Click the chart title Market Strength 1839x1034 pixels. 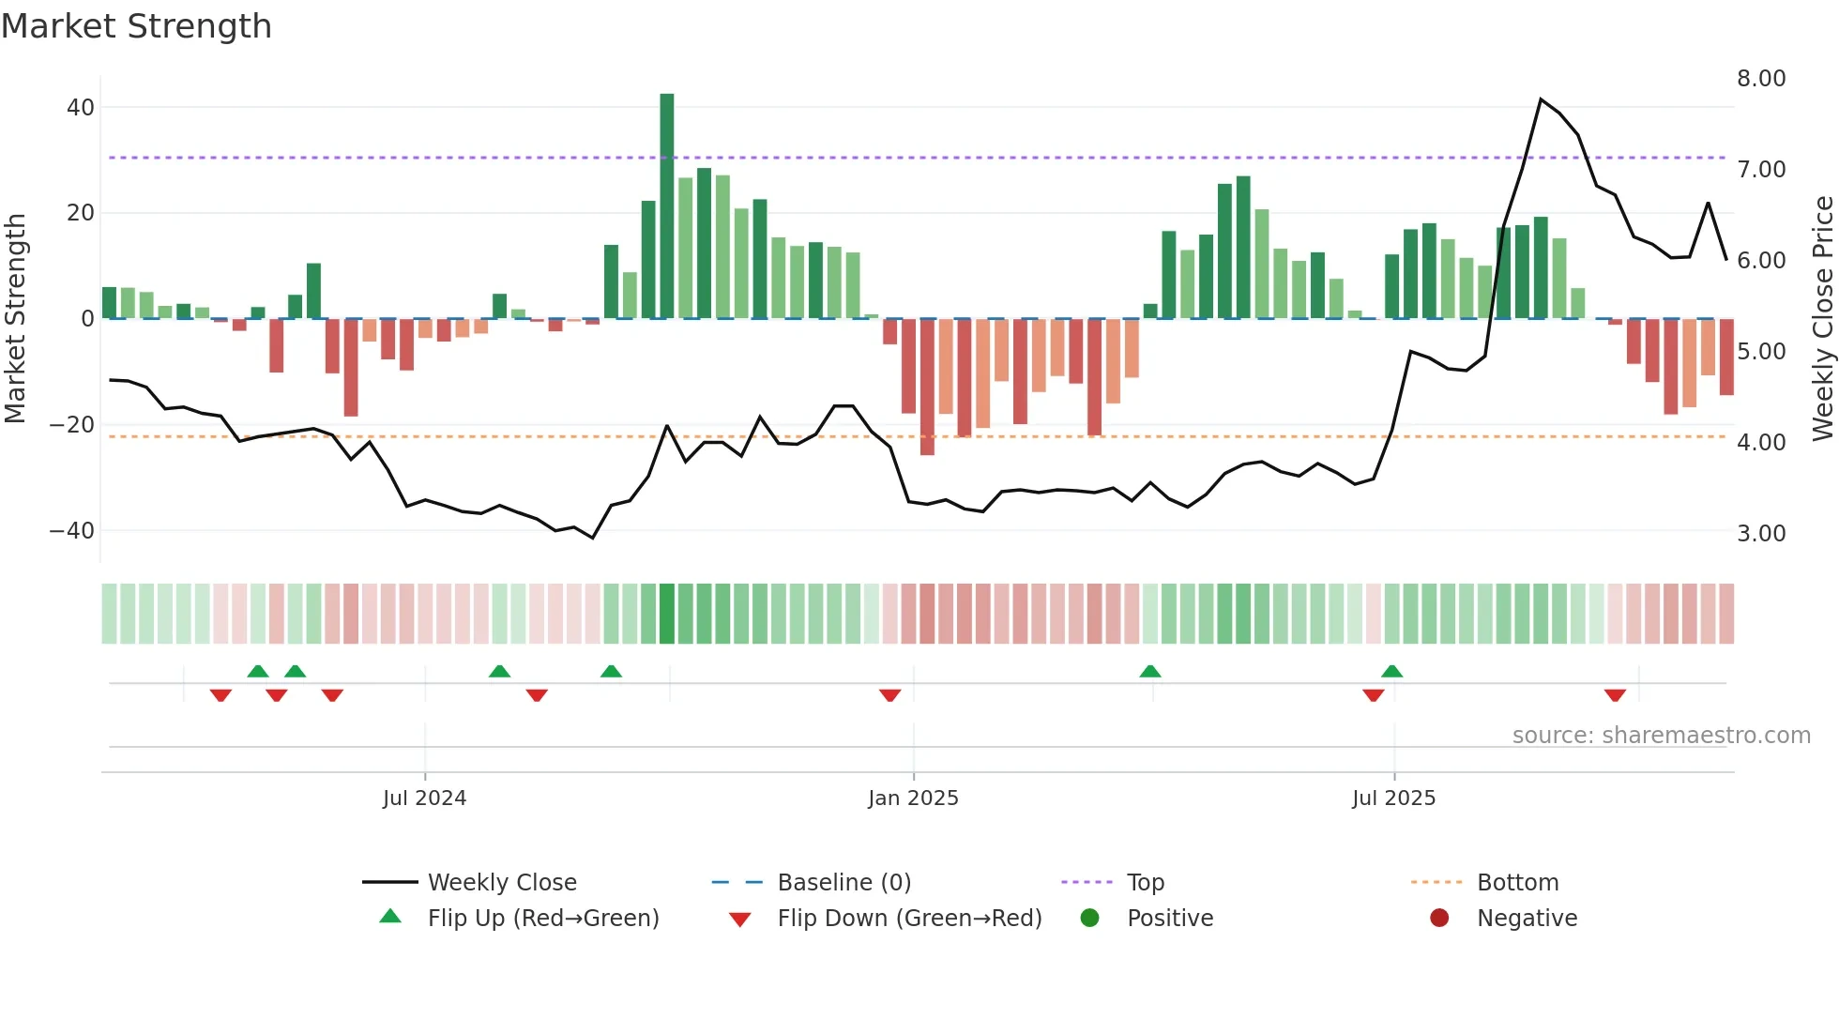pyautogui.click(x=136, y=26)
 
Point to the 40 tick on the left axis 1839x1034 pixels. pyautogui.click(x=81, y=108)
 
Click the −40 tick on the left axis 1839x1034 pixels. pyautogui.click(x=72, y=531)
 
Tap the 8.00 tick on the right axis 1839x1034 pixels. pyautogui.click(x=1760, y=79)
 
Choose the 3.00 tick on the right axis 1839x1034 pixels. pyautogui.click(x=1760, y=534)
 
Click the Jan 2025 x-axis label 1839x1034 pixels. pyautogui.click(x=913, y=798)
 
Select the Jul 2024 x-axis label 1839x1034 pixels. pyautogui.click(x=424, y=798)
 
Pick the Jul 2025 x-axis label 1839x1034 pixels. pyautogui.click(x=1393, y=798)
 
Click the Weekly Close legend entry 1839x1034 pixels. pyautogui.click(x=501, y=883)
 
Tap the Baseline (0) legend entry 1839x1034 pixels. pyautogui.click(x=844, y=883)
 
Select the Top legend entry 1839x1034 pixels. pyautogui.click(x=1145, y=883)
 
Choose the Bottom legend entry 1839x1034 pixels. pyautogui.click(x=1517, y=883)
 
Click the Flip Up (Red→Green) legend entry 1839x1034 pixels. pyautogui.click(x=542, y=919)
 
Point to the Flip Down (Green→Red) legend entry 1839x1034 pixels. pyautogui.click(x=908, y=919)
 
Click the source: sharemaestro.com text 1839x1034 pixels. pyautogui.click(x=1661, y=736)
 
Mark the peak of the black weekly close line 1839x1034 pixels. pyautogui.click(x=1541, y=99)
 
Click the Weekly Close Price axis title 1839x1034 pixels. pyautogui.click(x=1822, y=319)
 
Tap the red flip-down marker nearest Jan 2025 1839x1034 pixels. pyautogui.click(x=889, y=695)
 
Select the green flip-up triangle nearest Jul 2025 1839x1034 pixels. pyautogui.click(x=1391, y=671)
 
